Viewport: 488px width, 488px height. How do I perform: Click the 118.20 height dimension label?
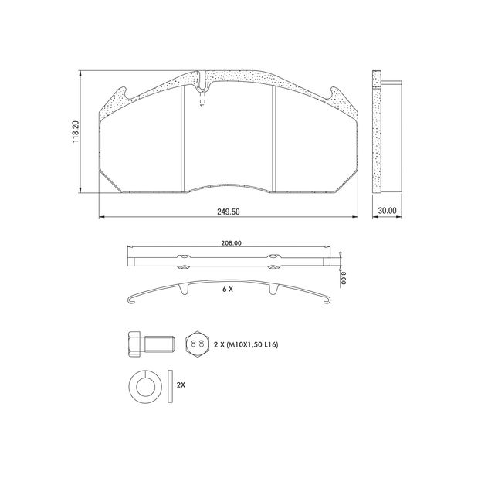click(75, 131)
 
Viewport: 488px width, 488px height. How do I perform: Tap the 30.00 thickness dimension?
click(386, 210)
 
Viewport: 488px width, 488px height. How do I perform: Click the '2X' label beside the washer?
click(181, 384)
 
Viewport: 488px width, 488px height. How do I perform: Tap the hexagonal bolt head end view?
click(196, 343)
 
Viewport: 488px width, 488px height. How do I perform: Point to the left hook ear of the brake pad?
click(120, 96)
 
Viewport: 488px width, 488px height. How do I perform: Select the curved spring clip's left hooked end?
click(131, 300)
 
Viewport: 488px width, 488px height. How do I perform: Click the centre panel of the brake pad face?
click(228, 139)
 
